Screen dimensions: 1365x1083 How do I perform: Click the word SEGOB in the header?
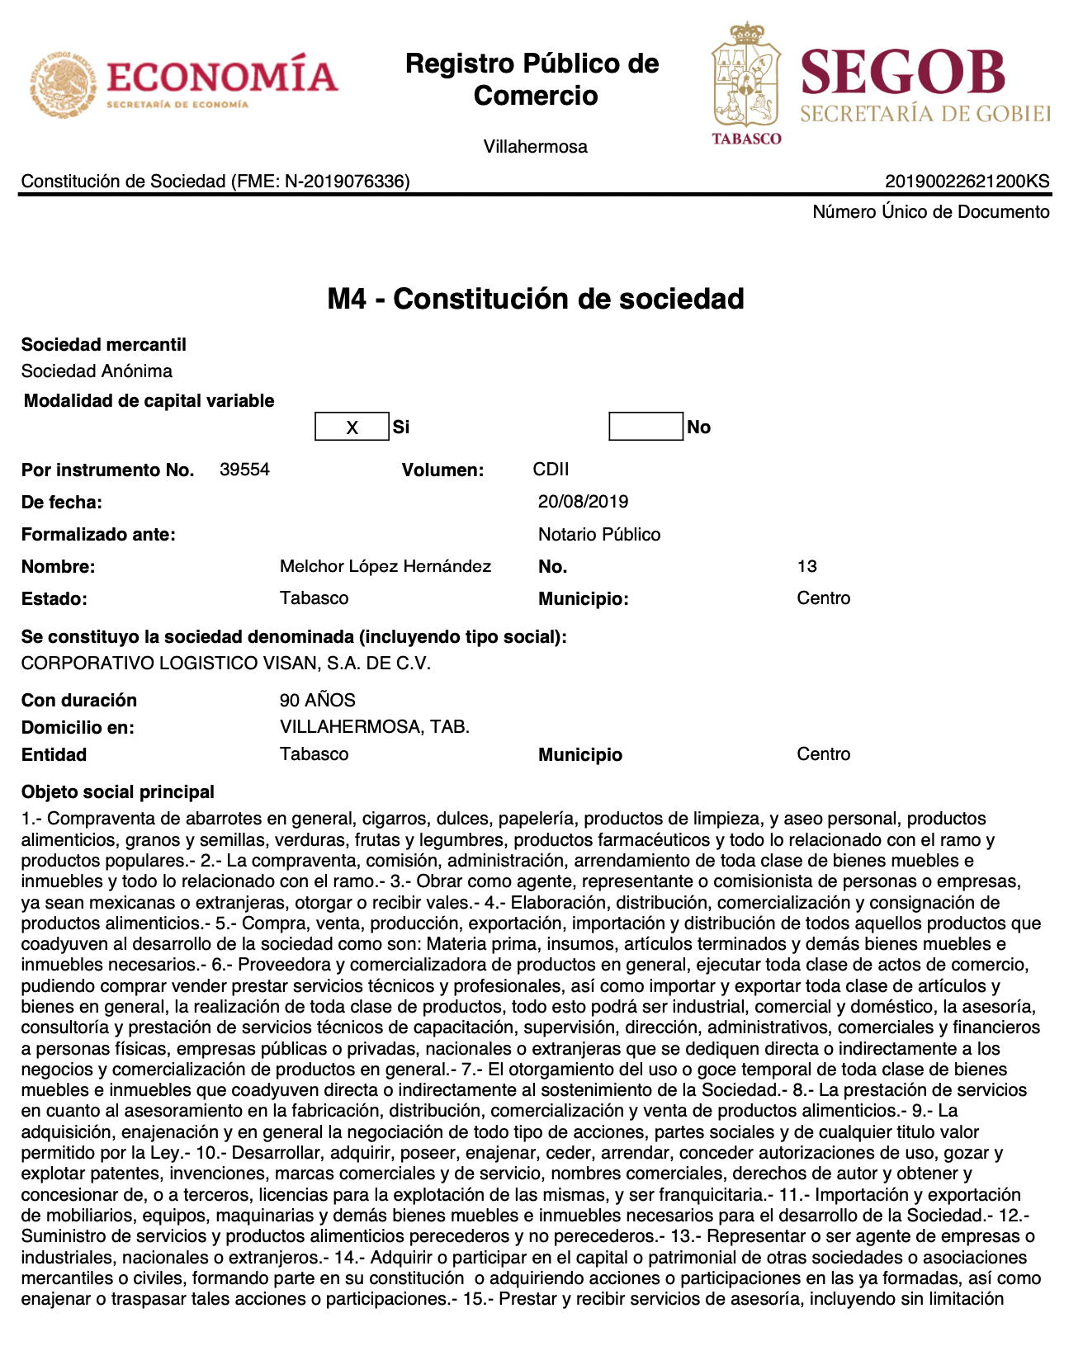(x=903, y=73)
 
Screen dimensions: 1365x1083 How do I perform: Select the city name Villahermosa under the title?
(x=535, y=147)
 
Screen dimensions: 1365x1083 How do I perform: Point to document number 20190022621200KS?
(x=967, y=182)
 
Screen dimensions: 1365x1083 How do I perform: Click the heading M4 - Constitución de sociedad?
(x=536, y=299)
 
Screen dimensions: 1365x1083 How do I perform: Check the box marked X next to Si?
(x=352, y=427)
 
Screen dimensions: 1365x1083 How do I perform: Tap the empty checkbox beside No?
(x=646, y=427)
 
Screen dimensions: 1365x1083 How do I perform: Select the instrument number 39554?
(x=244, y=470)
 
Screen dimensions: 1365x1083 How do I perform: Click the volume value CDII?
(x=551, y=470)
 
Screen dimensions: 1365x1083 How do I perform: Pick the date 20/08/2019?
(x=583, y=502)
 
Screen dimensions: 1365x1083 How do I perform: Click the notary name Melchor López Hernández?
(x=385, y=566)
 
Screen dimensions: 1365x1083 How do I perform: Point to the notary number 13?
(x=806, y=566)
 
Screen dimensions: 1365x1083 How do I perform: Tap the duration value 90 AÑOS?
(x=317, y=701)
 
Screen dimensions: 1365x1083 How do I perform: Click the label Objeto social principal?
(x=117, y=792)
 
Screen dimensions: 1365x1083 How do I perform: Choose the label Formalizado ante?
(x=98, y=535)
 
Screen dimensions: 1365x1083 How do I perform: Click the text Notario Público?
(x=599, y=535)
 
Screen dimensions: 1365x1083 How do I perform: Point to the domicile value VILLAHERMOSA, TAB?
(x=374, y=727)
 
